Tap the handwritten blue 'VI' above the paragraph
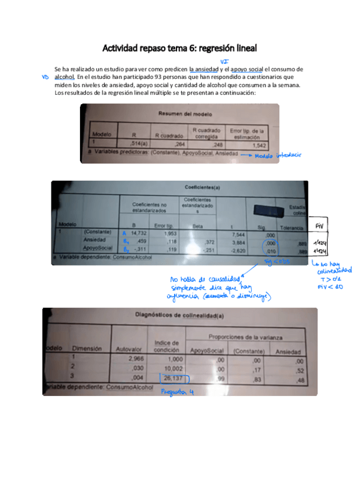coord(224,61)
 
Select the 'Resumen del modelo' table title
coord(183,113)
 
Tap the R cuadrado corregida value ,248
coord(217,144)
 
